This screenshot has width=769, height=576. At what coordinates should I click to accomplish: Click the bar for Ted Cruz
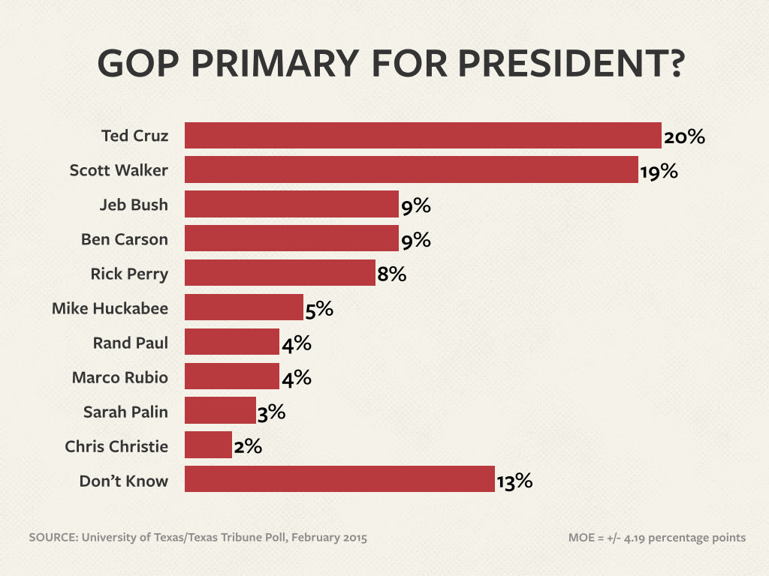(423, 136)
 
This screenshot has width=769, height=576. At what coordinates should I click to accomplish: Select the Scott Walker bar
(411, 170)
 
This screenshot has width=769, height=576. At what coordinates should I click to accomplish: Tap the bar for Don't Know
(339, 479)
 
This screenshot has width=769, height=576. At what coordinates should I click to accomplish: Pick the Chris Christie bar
(208, 445)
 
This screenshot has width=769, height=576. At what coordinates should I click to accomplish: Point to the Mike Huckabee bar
(243, 307)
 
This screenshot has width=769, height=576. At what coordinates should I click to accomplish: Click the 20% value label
(684, 137)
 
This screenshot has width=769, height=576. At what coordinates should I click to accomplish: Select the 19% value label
(659, 172)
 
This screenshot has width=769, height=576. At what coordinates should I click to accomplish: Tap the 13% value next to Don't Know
(514, 481)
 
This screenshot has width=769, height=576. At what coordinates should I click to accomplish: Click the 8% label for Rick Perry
(391, 274)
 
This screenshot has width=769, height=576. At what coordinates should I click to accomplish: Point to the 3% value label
(271, 412)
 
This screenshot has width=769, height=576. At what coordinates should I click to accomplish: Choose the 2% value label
(247, 446)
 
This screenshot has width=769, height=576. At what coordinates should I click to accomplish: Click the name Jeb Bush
(134, 205)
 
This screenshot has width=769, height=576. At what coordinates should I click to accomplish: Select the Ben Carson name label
(125, 239)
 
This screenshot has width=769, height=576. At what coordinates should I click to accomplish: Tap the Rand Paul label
(131, 343)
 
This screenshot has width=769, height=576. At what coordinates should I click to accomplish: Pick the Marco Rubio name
(120, 377)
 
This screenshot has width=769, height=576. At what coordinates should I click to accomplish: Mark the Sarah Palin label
(126, 412)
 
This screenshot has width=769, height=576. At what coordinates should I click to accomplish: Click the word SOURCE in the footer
(53, 537)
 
